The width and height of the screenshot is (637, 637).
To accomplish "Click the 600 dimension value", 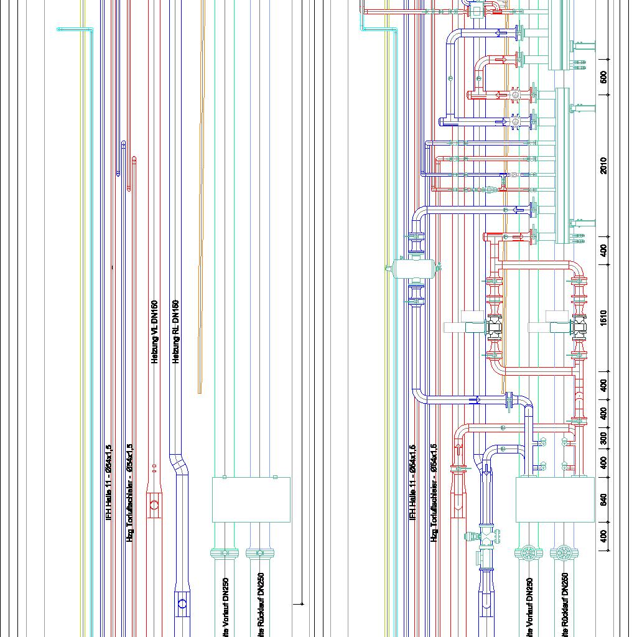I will coord(604,77).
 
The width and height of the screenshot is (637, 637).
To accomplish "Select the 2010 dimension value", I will coord(604,165).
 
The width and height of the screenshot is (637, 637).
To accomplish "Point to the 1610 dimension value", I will coord(604,317).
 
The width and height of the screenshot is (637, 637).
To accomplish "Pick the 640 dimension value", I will coord(604,500).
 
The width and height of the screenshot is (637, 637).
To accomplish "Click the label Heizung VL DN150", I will coord(155,332).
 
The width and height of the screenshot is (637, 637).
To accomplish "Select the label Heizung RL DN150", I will coord(176,332).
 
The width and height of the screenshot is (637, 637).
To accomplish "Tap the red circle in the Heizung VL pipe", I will coord(154,506).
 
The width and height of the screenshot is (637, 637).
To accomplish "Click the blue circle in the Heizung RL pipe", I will coord(182,603).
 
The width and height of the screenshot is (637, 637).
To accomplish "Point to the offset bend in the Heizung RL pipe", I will coord(179,463).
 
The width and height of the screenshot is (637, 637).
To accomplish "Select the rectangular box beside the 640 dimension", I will coord(555,500).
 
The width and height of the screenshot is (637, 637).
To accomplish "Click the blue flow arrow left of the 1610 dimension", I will coord(477,400).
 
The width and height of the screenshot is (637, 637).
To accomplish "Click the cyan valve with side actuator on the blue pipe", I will coord(485,535).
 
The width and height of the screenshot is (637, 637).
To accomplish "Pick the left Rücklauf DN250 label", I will coord(261,603).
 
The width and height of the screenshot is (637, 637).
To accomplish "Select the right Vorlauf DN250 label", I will coord(529,607).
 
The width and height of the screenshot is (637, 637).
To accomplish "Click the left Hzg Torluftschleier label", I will coord(130,491).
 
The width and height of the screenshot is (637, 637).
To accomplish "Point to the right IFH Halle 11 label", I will coord(412,482).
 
